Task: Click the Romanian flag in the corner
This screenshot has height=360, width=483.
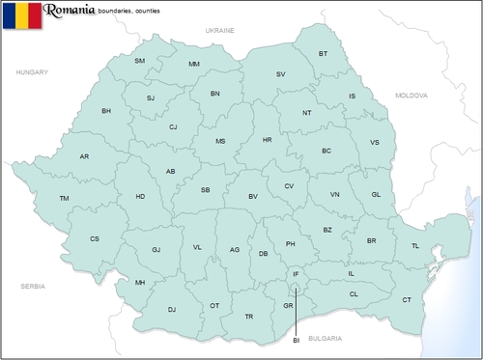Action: [x=21, y=15]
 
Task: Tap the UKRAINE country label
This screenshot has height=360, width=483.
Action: [x=220, y=31]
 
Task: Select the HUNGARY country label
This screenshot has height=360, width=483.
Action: [x=32, y=72]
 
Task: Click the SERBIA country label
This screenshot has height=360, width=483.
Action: [x=33, y=287]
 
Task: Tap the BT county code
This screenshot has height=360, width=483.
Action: [x=324, y=53]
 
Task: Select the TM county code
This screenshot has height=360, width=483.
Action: [x=64, y=198]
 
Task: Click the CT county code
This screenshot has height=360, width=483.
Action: [x=407, y=300]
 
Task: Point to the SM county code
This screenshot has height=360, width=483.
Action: [x=139, y=61]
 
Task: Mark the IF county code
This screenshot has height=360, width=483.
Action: [x=296, y=275]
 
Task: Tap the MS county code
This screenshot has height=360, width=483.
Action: [x=220, y=141]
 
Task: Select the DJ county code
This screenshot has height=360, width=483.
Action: [x=171, y=310]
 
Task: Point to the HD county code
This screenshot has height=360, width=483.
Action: [x=140, y=197]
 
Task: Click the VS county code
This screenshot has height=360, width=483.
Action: [x=375, y=143]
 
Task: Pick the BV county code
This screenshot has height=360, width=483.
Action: [x=253, y=197]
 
